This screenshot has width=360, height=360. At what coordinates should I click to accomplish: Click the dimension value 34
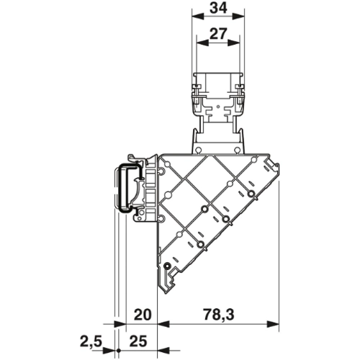coord(218,8)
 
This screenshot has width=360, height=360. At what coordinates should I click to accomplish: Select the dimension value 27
coord(218,34)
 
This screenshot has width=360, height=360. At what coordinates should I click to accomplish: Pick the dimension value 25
coord(138,341)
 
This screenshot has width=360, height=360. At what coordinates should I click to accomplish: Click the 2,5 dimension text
coord(91,341)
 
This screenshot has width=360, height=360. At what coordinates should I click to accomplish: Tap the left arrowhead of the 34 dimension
coord(198,17)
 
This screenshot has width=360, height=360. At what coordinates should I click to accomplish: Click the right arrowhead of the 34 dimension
coord(238,17)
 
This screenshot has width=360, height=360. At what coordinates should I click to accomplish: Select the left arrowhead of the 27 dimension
coord(202,42)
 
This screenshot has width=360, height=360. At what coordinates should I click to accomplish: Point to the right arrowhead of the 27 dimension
coord(234,42)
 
